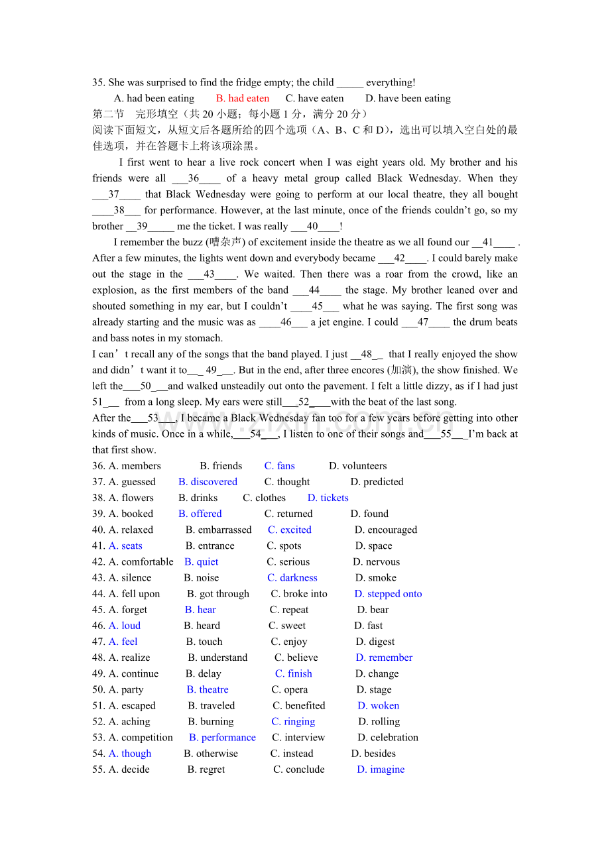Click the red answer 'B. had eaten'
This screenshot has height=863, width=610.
pos(243,98)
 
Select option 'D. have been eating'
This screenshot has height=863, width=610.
pos(408,98)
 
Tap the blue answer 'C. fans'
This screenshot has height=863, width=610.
pos(279,466)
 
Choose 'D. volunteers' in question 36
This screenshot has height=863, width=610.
pos(357,466)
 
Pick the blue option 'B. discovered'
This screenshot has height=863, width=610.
pos(208,482)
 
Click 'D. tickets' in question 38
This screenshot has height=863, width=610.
pos(328,498)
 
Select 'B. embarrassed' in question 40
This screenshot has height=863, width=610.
pos(218,530)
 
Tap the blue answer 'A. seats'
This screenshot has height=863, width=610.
pos(125,546)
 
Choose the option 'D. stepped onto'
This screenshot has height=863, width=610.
pos(388,594)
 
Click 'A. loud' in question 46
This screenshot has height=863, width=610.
pos(125,626)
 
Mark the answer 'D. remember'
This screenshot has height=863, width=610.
pos(384,658)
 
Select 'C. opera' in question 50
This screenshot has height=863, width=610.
pos(289,689)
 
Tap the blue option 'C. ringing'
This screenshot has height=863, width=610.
pos(293,721)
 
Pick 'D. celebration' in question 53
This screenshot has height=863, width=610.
pos(388,737)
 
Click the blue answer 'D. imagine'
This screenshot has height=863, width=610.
pos(381,770)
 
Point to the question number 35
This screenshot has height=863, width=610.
pos(99,82)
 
